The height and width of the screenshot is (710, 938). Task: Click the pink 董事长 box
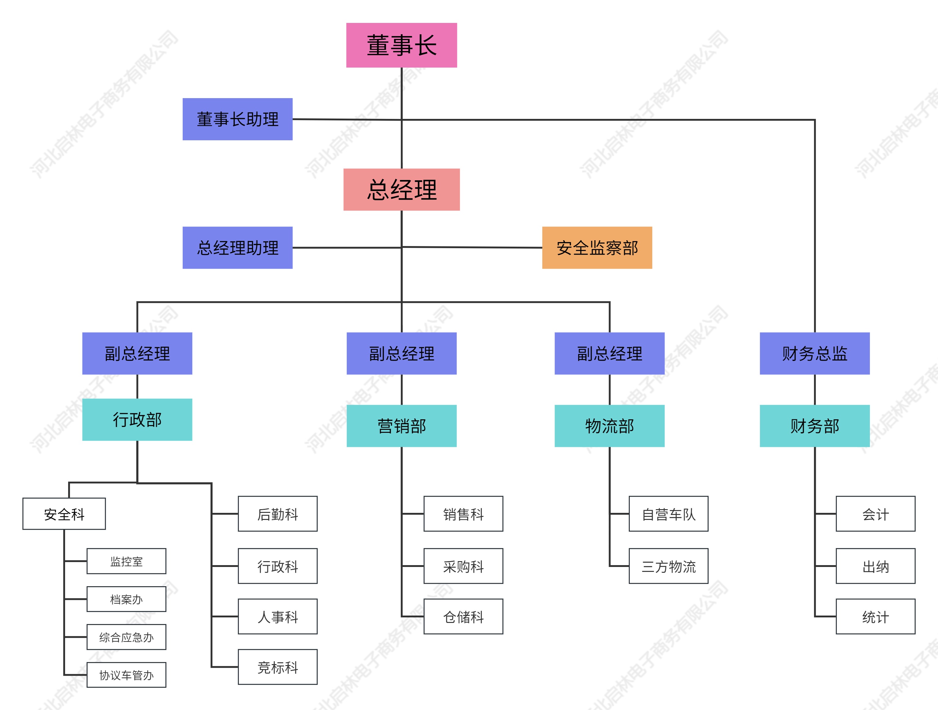(x=401, y=45)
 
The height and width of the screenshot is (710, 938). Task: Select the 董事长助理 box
(x=237, y=119)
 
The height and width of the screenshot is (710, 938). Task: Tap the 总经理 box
(x=401, y=189)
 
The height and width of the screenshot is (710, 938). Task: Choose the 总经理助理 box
(x=237, y=248)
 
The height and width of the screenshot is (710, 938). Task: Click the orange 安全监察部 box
(x=597, y=248)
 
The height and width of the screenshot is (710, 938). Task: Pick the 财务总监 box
(x=814, y=353)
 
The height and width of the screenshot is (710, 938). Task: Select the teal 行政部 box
(x=137, y=419)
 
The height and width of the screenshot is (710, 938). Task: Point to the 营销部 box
(x=401, y=426)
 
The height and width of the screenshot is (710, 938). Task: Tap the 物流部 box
(x=609, y=426)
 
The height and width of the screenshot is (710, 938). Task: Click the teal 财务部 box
(x=814, y=426)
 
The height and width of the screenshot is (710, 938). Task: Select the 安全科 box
(x=64, y=513)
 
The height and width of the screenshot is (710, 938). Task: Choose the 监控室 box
(x=126, y=561)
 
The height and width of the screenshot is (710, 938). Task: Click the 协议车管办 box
(x=126, y=675)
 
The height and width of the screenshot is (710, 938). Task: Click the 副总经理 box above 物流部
(x=609, y=353)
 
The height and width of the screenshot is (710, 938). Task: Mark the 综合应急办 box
(x=126, y=637)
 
